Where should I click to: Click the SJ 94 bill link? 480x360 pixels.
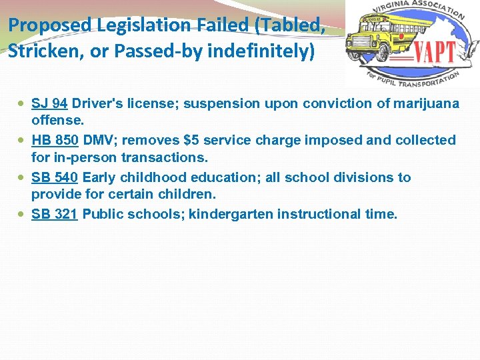pos(49,104)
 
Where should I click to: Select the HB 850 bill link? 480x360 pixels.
pos(55,141)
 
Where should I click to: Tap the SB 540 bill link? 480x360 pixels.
pos(55,178)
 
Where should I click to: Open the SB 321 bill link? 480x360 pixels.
pos(55,215)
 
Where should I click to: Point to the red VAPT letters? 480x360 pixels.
pos(435,51)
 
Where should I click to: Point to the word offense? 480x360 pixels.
pos(58,121)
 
